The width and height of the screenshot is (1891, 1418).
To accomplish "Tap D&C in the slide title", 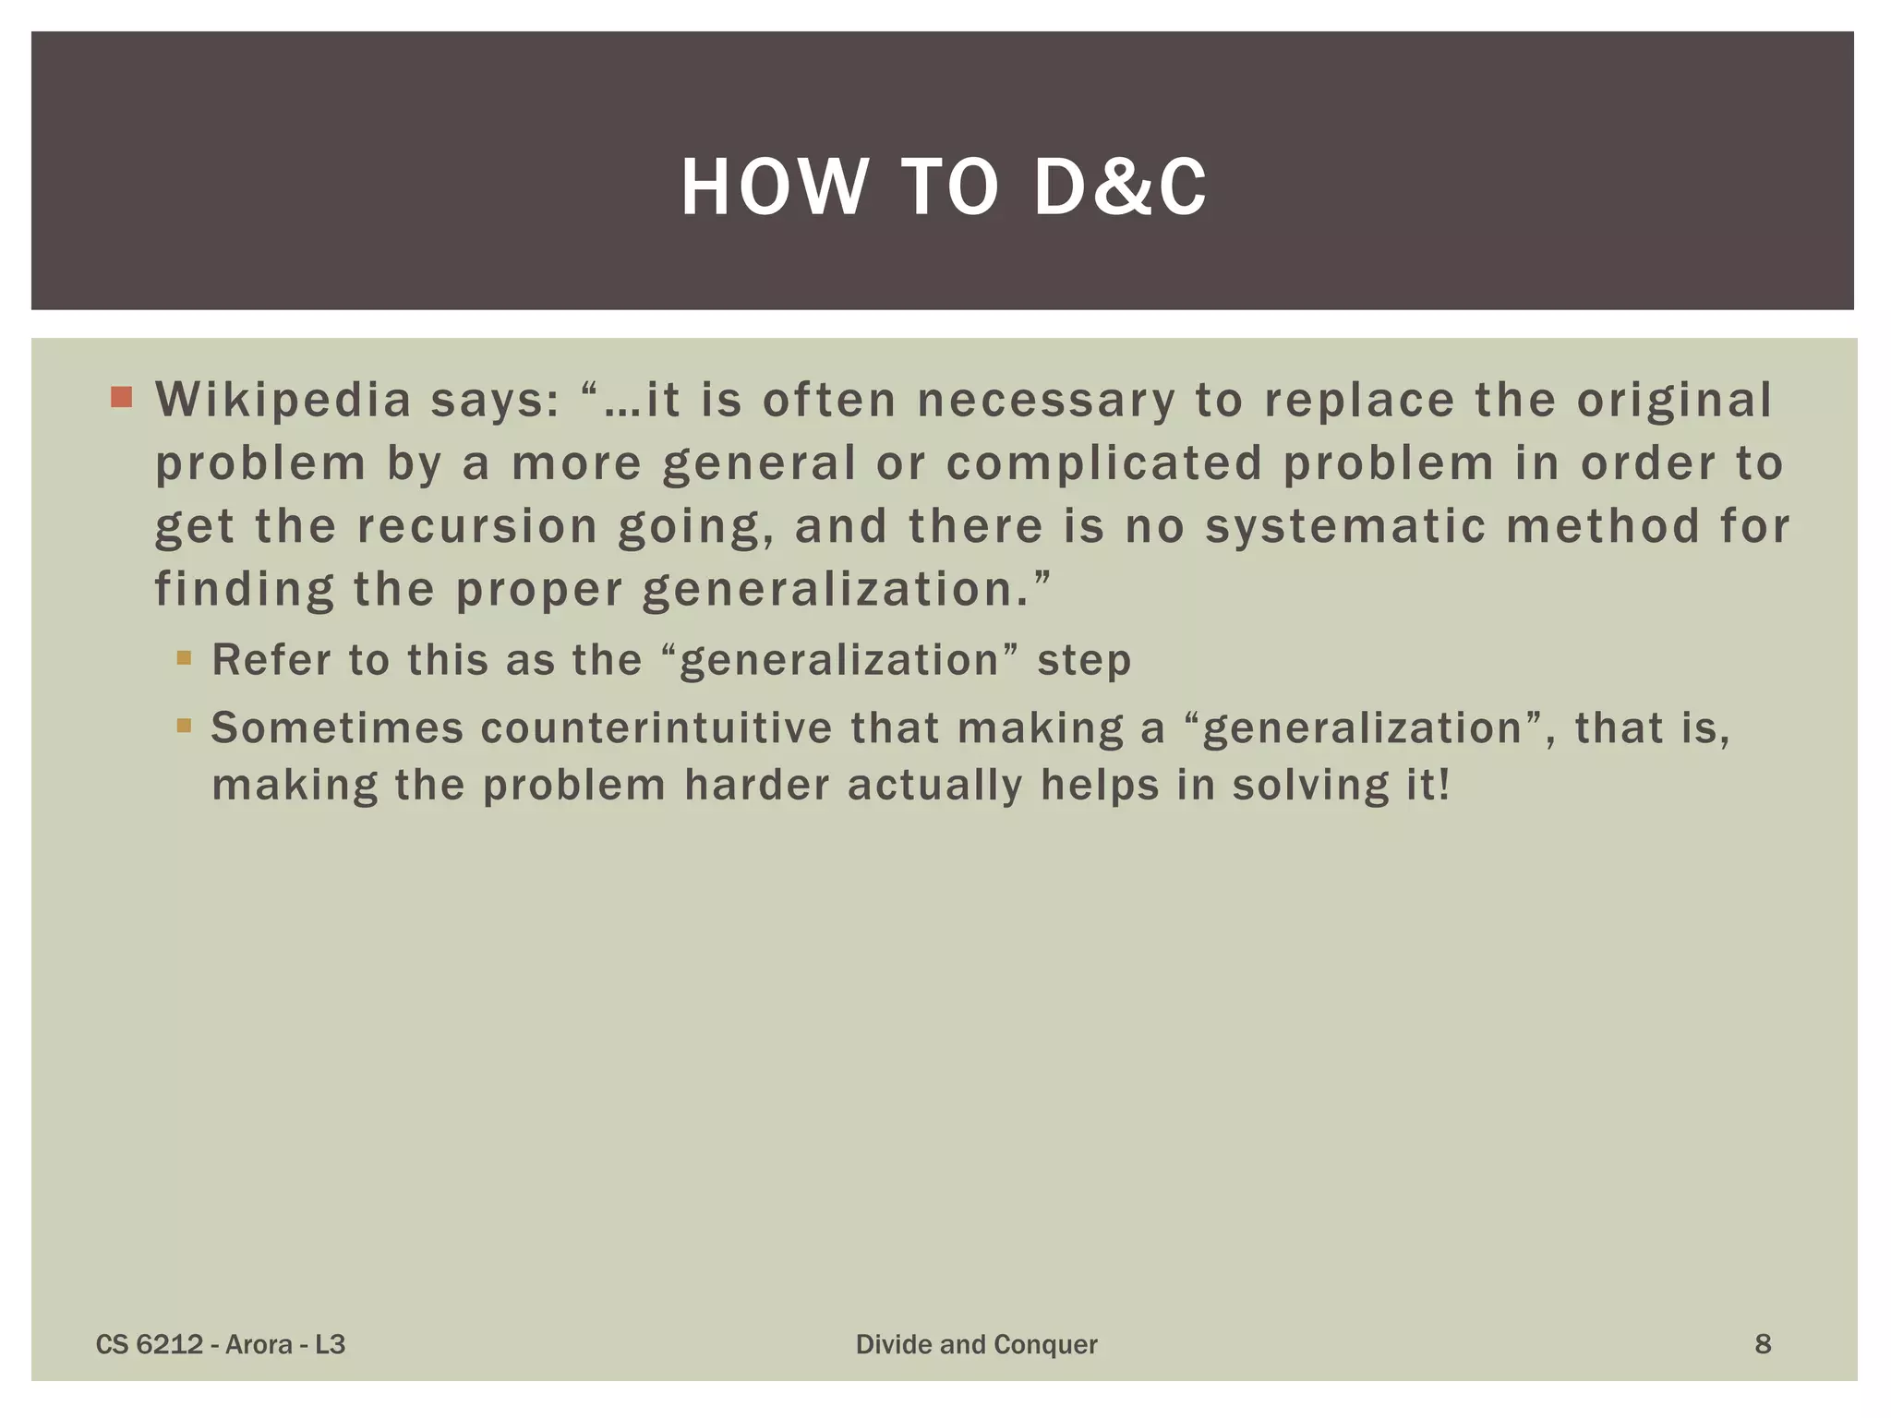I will (1119, 187).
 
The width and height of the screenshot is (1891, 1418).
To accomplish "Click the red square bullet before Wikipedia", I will (121, 398).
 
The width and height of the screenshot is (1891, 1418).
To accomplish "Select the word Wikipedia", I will (283, 401).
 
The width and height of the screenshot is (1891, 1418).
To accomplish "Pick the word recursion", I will (477, 526).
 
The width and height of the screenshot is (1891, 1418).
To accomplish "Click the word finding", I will (244, 590).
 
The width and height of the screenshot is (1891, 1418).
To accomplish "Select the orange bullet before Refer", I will (184, 658).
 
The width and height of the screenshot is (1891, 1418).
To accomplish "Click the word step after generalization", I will (1084, 661).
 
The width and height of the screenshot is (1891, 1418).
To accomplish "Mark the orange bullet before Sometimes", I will (184, 726).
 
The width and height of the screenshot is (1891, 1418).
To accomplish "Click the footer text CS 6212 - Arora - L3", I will (221, 1344).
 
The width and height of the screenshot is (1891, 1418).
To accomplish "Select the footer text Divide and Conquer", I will (976, 1344).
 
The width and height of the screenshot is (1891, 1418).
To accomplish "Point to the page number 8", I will (1762, 1344).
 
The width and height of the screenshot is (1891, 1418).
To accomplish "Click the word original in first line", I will (1673, 401).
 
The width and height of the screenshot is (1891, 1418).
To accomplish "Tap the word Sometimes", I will (337, 727).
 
